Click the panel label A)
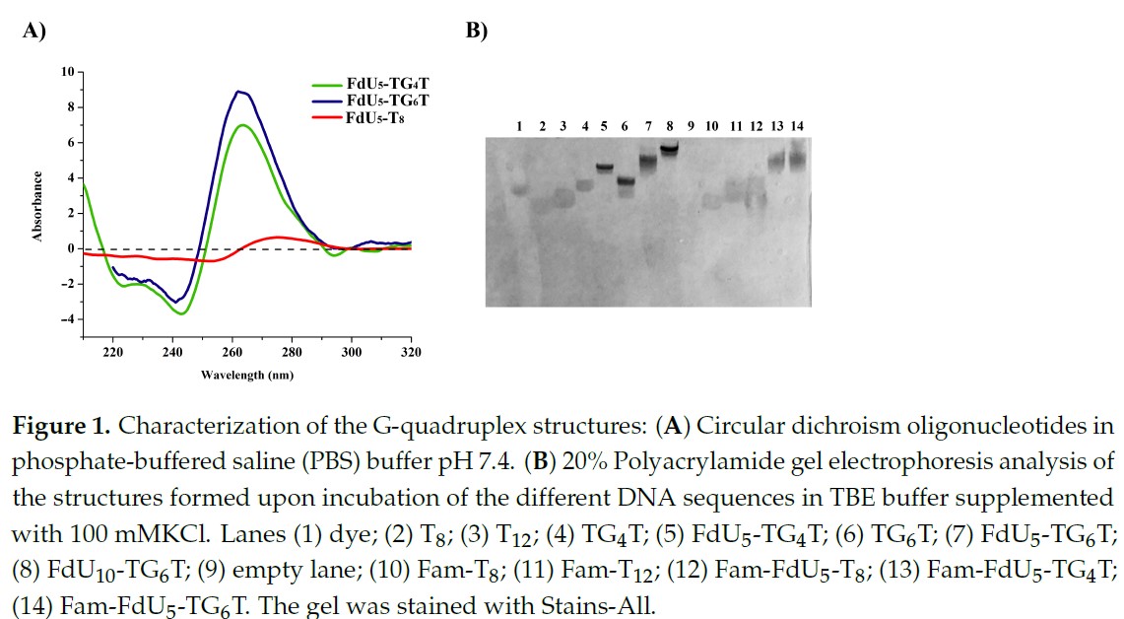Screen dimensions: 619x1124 tap(35, 31)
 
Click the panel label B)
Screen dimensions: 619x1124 tap(477, 31)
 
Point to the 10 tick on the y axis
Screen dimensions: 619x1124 tap(67, 72)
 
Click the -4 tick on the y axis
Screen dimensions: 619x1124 tap(67, 319)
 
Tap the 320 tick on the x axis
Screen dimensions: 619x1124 tap(411, 352)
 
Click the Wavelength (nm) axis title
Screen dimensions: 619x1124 tap(246, 375)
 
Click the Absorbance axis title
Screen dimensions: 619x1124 tap(37, 207)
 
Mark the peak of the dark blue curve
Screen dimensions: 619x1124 tap(238, 92)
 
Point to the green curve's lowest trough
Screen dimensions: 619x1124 tap(181, 313)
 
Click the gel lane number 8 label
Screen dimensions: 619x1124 tap(669, 126)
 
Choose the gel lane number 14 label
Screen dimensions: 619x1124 tap(798, 126)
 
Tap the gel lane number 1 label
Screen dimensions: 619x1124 tap(519, 126)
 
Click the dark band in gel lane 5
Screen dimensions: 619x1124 tap(604, 168)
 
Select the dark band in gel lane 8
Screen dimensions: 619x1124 tap(670, 150)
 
